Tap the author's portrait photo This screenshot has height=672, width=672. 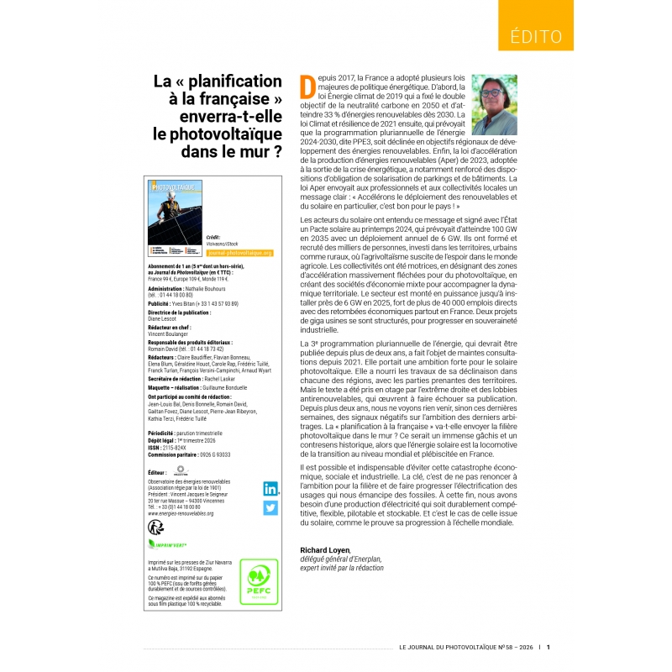coord(494,105)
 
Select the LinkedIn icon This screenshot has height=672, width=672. coord(270,489)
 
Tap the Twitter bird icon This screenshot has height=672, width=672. coord(270,507)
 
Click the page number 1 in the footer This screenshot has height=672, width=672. coord(549,647)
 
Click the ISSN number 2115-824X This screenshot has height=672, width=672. coord(179,448)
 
